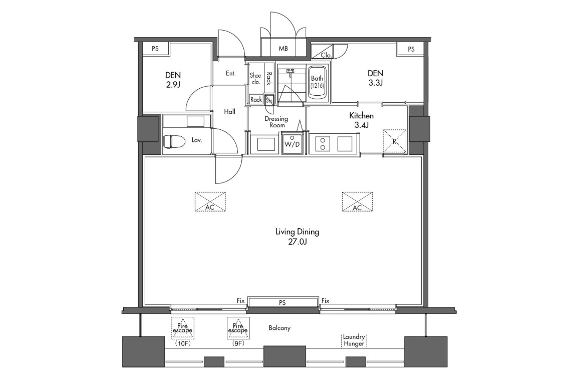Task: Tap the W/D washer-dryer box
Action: (x=292, y=142)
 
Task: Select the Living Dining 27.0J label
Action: (x=297, y=237)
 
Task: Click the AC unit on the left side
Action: (x=210, y=202)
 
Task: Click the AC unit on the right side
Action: (x=357, y=202)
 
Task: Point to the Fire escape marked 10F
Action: (x=183, y=328)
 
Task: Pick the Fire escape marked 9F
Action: (x=238, y=328)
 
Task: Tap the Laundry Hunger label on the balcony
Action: (x=354, y=340)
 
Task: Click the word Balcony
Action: (x=279, y=328)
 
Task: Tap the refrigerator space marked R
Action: (x=395, y=141)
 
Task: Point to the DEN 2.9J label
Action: (x=173, y=80)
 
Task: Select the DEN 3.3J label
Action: (x=376, y=78)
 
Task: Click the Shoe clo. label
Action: (x=255, y=79)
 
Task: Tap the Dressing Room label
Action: (x=276, y=122)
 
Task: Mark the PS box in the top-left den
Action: (x=155, y=49)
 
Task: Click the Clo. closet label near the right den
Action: (x=326, y=55)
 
